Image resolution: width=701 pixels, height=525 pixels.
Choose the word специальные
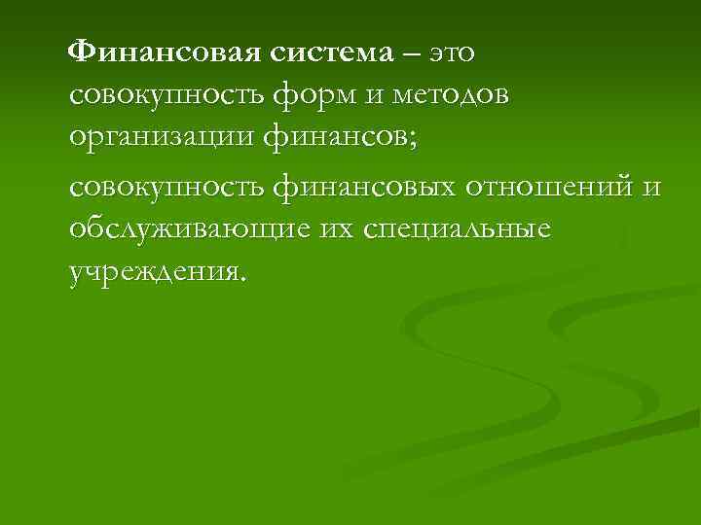tap(457, 229)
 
